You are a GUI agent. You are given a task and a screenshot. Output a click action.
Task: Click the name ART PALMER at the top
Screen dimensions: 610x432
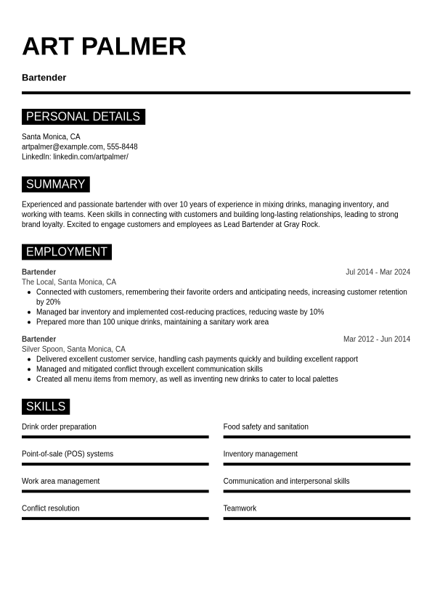coord(104,46)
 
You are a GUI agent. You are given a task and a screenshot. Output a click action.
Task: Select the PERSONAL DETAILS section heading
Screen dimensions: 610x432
coord(83,117)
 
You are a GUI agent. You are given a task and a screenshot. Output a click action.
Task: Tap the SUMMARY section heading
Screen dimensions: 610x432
coord(55,184)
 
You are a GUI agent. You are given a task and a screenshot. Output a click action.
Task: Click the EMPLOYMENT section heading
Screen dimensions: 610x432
coord(66,252)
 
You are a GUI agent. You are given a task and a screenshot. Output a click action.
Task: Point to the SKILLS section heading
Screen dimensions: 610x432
coord(45,406)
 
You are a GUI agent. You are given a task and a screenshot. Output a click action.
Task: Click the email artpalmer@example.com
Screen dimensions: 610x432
coord(62,147)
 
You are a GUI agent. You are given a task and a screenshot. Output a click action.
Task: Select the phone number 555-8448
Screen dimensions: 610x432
coord(122,147)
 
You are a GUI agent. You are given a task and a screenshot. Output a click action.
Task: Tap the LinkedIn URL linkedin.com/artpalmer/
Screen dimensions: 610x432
coord(90,157)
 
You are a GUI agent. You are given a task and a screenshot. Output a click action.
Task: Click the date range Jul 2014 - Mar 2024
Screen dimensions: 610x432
coord(378,272)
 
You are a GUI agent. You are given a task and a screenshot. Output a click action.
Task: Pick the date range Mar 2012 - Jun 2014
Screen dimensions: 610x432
coord(376,339)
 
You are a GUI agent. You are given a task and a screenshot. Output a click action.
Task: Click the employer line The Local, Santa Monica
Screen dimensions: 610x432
coord(68,282)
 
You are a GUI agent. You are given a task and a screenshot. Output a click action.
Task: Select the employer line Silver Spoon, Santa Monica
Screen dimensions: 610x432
coord(73,349)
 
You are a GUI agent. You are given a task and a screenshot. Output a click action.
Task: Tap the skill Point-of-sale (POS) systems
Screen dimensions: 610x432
coord(68,454)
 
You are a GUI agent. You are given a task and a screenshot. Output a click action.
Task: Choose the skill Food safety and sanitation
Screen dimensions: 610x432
coord(266,427)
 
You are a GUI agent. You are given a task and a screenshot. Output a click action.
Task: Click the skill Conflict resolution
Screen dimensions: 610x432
coord(50,508)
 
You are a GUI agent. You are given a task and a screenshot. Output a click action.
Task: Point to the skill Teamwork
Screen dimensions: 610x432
coord(240,508)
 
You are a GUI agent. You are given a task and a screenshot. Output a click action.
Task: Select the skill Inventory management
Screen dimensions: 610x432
coord(260,454)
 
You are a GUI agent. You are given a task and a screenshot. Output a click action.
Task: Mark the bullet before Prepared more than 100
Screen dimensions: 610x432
coord(29,322)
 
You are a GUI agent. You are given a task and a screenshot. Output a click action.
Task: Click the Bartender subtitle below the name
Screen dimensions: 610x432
coord(44,78)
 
